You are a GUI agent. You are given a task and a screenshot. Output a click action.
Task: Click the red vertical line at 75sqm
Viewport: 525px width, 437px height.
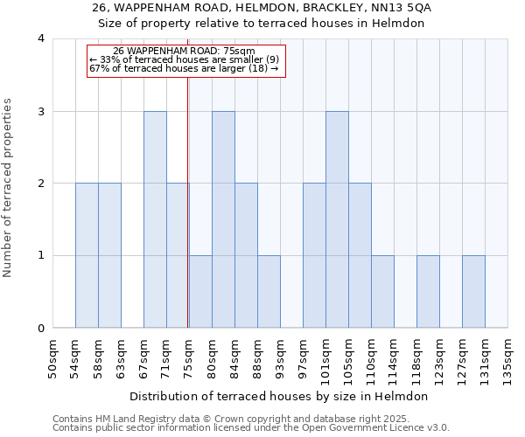tap(188, 218)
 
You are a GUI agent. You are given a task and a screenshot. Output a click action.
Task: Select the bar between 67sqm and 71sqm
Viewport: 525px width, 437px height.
tap(155, 219)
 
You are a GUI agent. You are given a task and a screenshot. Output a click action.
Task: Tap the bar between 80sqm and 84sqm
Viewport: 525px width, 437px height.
tap(223, 219)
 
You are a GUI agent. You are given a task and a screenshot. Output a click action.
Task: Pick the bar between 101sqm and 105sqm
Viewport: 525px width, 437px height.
tap(337, 219)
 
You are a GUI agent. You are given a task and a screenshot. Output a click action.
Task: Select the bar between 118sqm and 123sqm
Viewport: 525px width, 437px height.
tap(428, 292)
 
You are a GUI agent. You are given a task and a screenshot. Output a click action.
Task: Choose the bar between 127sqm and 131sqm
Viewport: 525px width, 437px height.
tap(473, 292)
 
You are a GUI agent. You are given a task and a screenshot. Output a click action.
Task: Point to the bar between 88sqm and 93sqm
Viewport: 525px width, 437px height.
tap(269, 292)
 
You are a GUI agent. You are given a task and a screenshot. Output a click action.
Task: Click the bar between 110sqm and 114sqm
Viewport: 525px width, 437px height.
tap(382, 292)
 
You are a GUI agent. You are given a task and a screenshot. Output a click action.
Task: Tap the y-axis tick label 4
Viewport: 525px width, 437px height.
tap(41, 39)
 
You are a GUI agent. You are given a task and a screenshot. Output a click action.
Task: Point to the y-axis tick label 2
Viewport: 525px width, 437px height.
tap(41, 184)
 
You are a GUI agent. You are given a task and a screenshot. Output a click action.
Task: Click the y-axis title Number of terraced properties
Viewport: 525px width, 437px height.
tap(9, 188)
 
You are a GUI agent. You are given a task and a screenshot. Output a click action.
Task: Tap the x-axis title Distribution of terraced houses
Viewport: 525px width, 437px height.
tap(280, 397)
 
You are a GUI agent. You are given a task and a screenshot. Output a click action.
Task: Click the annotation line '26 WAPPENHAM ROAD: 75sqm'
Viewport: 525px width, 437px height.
tap(185, 52)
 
